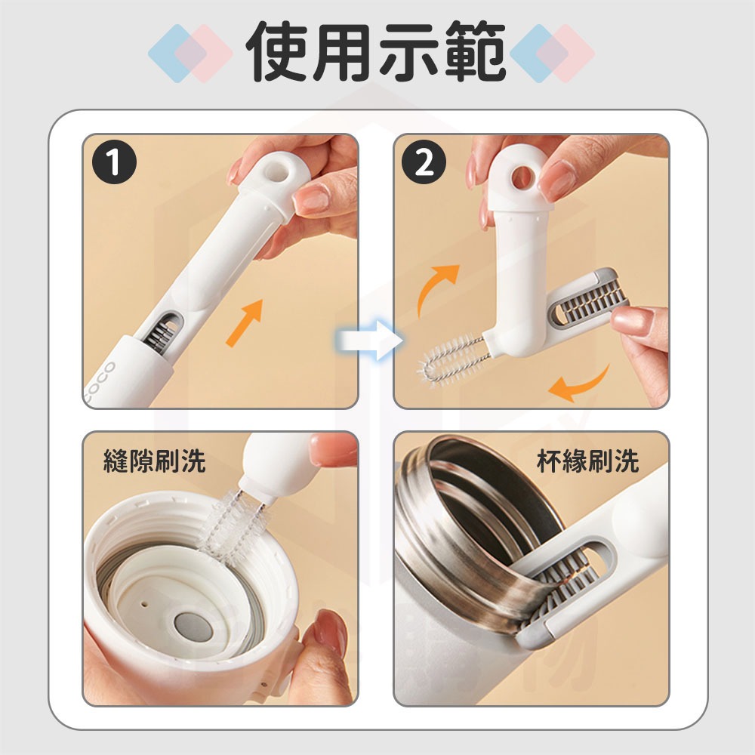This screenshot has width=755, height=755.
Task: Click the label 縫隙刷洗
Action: click(x=153, y=461)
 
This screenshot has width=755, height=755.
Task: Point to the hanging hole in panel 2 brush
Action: click(x=521, y=178)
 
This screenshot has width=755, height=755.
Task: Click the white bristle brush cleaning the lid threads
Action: click(x=230, y=521)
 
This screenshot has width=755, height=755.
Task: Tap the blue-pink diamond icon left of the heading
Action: click(x=190, y=53)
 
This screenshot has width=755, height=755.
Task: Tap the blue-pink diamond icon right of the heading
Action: click(x=553, y=53)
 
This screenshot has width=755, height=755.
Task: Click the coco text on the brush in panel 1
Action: click(x=100, y=381)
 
